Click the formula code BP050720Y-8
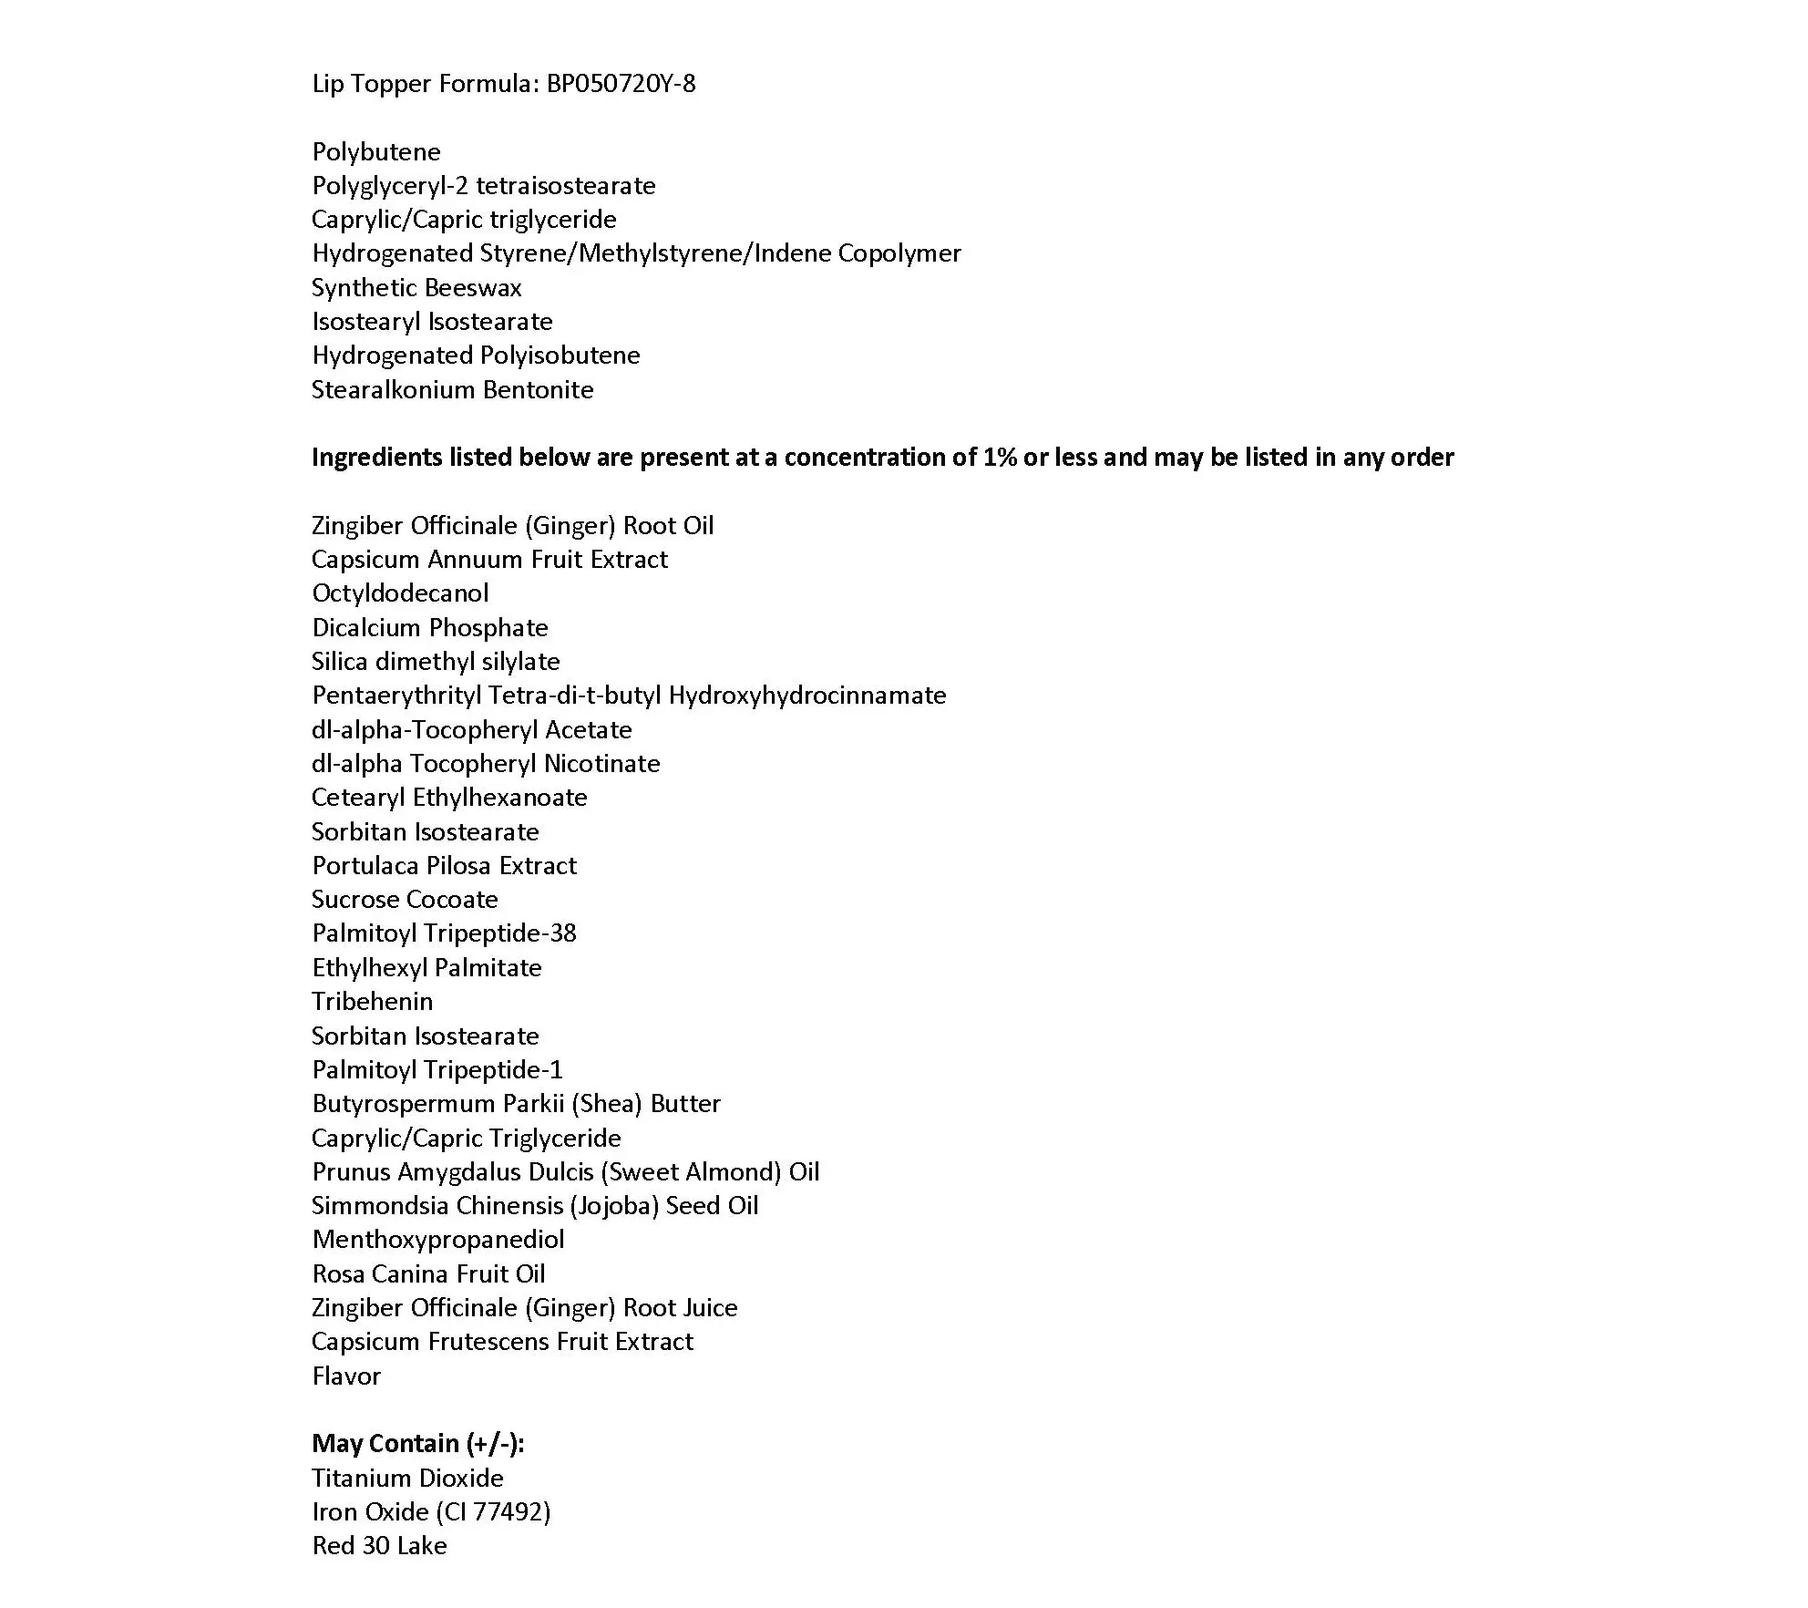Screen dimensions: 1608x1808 [x=621, y=84]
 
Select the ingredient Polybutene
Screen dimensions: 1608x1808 [x=376, y=152]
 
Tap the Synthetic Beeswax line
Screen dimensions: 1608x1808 [x=416, y=288]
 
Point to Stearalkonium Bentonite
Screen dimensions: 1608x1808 [x=452, y=390]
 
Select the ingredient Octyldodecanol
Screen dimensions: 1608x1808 [x=400, y=593]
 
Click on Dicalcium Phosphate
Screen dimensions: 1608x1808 [x=430, y=628]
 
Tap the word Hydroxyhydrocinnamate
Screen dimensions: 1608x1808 [x=807, y=696]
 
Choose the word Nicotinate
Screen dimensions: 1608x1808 [x=601, y=764]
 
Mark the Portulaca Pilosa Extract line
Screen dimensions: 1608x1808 [x=444, y=866]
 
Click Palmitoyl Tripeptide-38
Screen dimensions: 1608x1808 [x=444, y=933]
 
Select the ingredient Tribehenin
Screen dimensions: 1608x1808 [x=372, y=1002]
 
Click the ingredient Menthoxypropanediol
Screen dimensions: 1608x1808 [x=438, y=1240]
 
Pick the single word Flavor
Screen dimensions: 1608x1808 [x=346, y=1376]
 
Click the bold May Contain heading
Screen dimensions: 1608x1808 [x=418, y=1444]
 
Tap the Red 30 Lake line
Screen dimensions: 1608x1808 [x=379, y=1546]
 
